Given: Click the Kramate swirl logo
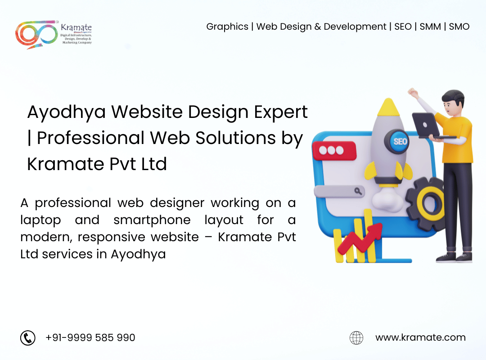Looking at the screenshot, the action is click(36, 34).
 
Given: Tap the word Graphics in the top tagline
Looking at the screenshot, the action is click(227, 27).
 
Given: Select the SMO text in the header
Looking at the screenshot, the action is click(459, 27).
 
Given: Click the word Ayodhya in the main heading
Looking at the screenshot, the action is click(67, 112).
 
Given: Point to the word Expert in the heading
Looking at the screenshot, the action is click(281, 112).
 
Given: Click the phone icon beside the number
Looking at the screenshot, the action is click(28, 337).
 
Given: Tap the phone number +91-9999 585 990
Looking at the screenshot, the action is click(90, 337).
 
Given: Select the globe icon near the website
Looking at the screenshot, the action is click(356, 337).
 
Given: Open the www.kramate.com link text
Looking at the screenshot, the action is click(420, 337).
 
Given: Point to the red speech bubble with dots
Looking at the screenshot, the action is click(334, 151).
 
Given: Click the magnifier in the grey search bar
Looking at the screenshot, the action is click(358, 191).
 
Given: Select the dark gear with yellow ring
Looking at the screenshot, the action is click(426, 204).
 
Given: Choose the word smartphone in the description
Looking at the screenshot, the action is click(152, 220).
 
